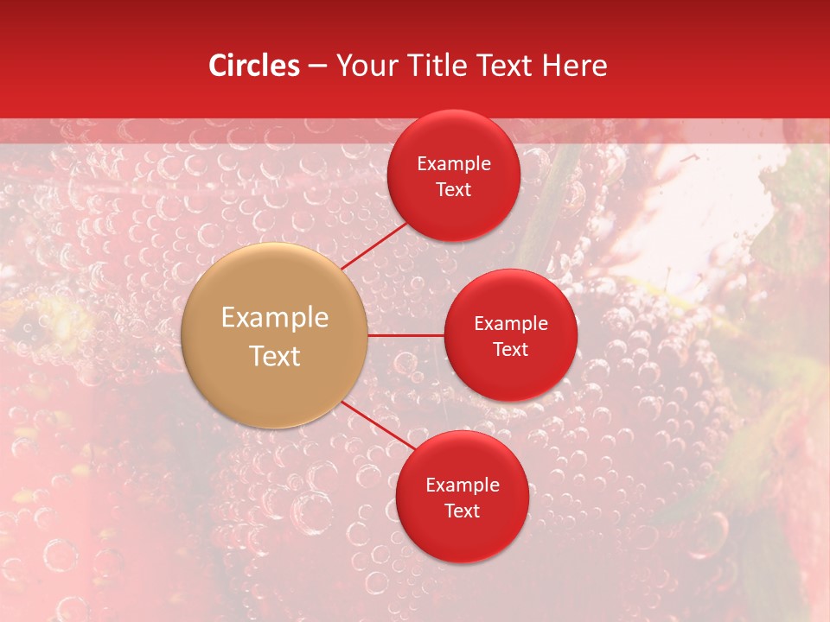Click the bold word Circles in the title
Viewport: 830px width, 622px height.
(254, 66)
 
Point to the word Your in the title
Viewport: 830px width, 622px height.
(366, 66)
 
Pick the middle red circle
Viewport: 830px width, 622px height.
(511, 376)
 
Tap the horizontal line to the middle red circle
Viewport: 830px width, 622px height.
(405, 335)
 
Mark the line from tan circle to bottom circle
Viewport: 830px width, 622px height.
(377, 425)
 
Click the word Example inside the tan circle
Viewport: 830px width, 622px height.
(275, 318)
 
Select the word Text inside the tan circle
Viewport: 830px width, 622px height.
(275, 356)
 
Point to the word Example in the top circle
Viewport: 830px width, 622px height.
(454, 163)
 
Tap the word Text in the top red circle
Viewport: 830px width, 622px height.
(454, 189)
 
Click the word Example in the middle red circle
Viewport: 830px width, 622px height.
(511, 323)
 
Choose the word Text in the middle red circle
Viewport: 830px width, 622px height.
(511, 349)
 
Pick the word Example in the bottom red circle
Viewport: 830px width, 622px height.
(463, 485)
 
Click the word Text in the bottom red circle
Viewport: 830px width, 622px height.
(463, 511)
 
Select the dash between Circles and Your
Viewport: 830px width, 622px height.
(317, 66)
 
